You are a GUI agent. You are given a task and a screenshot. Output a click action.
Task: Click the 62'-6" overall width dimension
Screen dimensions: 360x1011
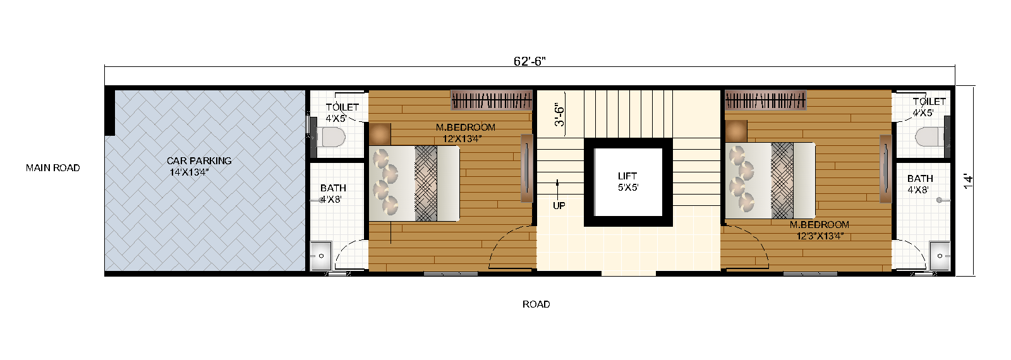click(x=529, y=61)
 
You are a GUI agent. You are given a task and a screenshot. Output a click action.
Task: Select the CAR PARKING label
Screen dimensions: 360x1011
click(x=199, y=161)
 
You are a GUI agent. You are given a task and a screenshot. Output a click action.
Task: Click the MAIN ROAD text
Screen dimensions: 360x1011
click(x=53, y=168)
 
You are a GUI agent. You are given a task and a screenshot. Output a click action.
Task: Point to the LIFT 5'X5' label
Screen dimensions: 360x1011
click(x=627, y=182)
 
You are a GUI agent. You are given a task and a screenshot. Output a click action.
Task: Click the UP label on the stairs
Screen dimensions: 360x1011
click(x=559, y=206)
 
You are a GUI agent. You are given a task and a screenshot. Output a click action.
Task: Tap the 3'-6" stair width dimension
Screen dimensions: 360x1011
click(x=560, y=115)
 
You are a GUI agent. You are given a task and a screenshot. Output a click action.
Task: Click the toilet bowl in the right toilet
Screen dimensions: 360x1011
click(x=929, y=136)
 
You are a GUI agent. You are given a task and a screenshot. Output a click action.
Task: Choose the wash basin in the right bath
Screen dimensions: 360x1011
click(x=940, y=256)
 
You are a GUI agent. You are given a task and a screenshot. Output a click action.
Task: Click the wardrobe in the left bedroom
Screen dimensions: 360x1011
click(x=492, y=100)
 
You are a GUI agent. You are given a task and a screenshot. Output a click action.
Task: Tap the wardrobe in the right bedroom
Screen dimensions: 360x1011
click(x=766, y=100)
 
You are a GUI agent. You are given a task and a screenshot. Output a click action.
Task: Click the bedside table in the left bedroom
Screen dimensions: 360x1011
click(x=380, y=134)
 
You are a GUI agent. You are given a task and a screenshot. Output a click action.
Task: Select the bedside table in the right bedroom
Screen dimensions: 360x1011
click(x=736, y=131)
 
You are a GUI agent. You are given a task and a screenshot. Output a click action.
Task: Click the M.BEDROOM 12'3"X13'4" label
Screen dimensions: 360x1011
click(x=820, y=231)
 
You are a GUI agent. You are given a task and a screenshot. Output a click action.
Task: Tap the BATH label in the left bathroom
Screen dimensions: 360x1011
click(x=333, y=188)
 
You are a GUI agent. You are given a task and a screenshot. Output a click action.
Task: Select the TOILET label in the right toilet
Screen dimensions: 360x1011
click(x=929, y=102)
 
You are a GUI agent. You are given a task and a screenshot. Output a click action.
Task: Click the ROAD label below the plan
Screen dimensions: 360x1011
click(x=536, y=304)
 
